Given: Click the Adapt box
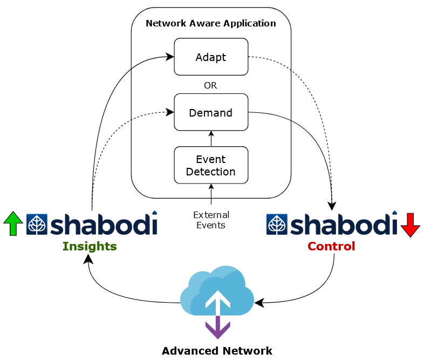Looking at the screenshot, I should coord(211,57).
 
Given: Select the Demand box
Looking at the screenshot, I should coord(211,112).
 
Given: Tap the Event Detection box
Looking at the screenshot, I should coord(211,165).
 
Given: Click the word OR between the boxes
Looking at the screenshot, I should coord(210,85).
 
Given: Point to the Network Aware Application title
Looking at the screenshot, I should coord(211,23).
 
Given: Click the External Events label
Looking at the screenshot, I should coord(211,220).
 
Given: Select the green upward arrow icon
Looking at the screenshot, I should coord(13,223).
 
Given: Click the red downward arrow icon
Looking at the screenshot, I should coord(411,225).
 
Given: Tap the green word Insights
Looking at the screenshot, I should coord(90,247).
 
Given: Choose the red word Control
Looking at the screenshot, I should coord(331,247).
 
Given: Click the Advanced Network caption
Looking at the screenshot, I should coord(217,351).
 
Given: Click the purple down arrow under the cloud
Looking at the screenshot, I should coord(217,328).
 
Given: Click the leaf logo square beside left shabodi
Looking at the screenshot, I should coord(37,225).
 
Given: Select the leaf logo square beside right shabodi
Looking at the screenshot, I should coord(277,225).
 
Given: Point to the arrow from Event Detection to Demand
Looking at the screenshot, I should coord(211,139).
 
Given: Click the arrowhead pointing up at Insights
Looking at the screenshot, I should coord(88,260).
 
